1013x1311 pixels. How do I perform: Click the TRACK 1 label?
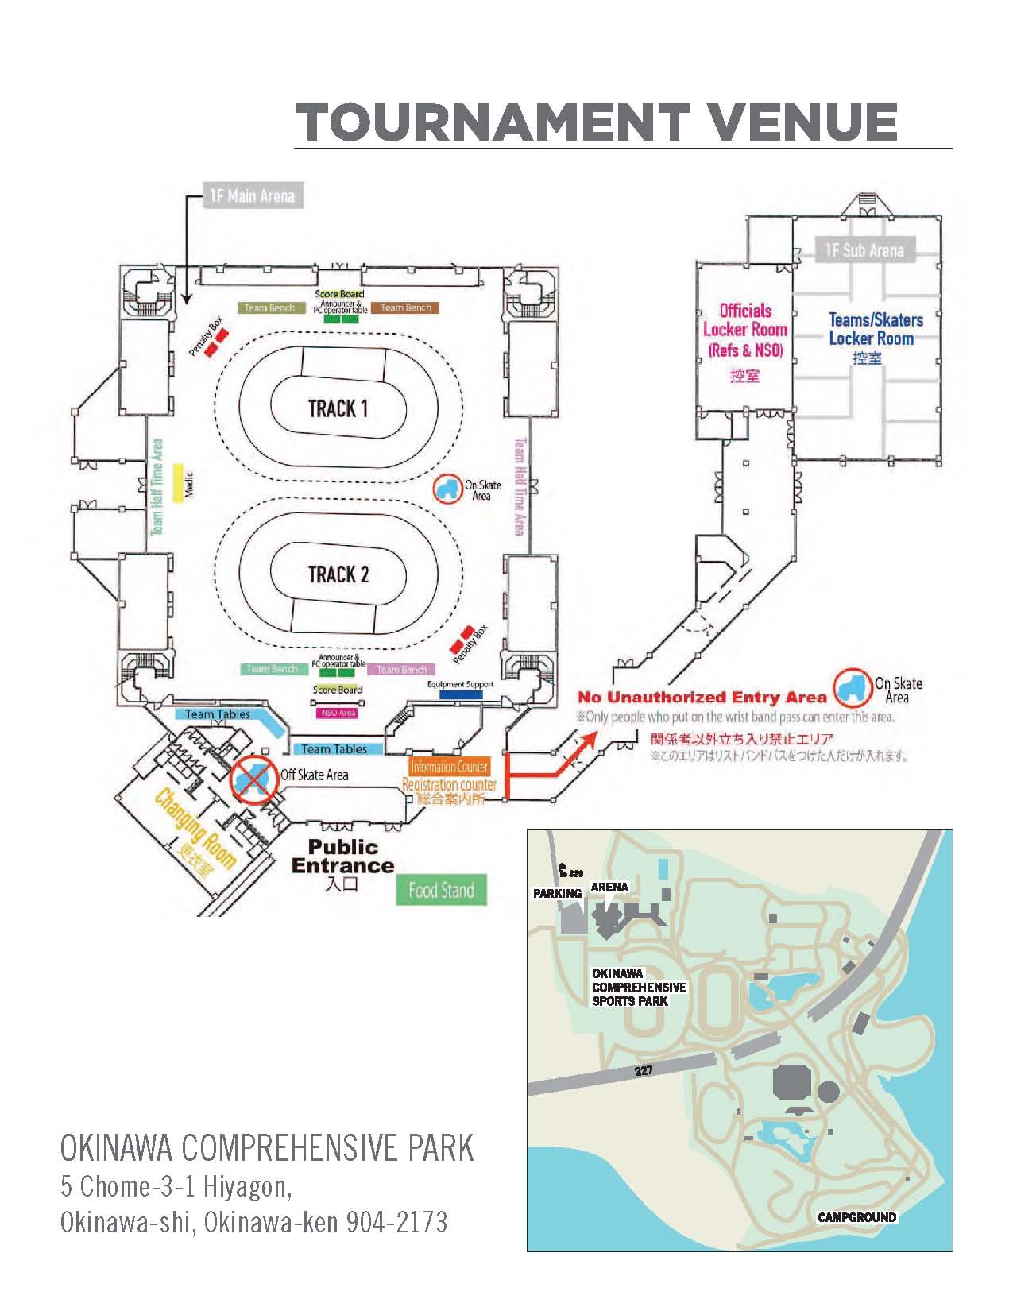[x=338, y=409]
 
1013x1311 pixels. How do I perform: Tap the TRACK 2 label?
[x=338, y=574]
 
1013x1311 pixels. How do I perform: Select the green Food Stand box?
[x=441, y=891]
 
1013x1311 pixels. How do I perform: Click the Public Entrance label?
[x=342, y=857]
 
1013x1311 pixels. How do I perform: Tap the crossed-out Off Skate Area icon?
[x=253, y=779]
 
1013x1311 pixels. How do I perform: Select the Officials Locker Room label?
[x=744, y=331]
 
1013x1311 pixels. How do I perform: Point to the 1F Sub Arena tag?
[x=864, y=250]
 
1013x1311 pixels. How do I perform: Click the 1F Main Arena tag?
[x=251, y=195]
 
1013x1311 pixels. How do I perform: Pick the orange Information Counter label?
[x=449, y=767]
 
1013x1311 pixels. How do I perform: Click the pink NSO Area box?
[x=337, y=713]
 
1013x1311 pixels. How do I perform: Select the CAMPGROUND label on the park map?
[x=856, y=1217]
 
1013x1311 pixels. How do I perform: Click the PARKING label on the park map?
[x=557, y=893]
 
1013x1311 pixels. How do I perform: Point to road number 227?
[x=644, y=1071]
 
